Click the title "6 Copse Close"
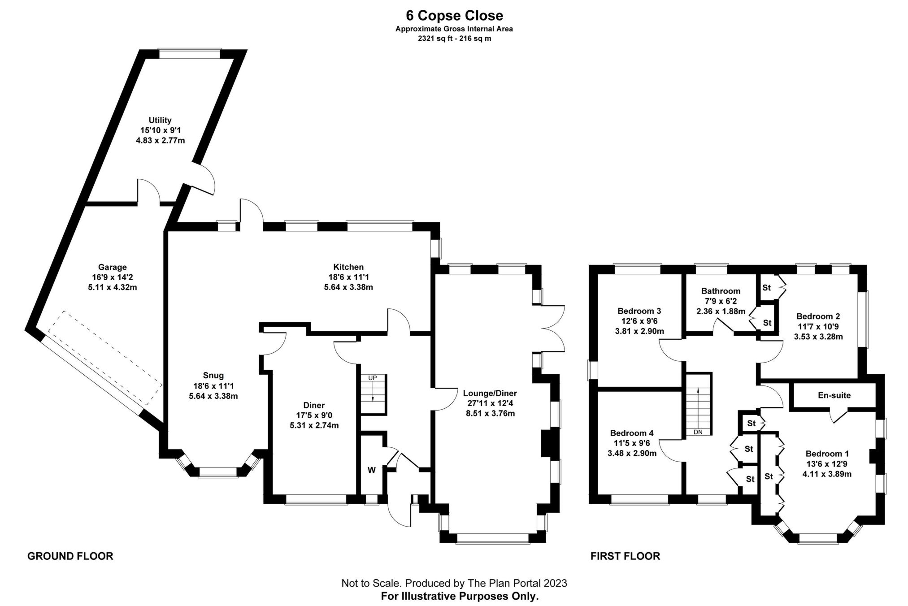(x=454, y=16)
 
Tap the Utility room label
(x=160, y=120)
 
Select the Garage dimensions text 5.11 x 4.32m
(x=113, y=287)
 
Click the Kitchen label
(x=348, y=267)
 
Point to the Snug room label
(x=213, y=376)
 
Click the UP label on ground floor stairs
(x=373, y=378)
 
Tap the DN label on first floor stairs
(x=698, y=432)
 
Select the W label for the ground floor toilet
(x=372, y=470)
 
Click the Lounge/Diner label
(x=490, y=394)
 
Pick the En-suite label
(x=834, y=395)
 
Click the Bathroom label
(x=721, y=291)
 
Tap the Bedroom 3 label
(x=639, y=311)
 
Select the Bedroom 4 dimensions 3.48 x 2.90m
(x=632, y=453)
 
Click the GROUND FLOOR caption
(x=70, y=556)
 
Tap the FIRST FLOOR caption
(x=625, y=556)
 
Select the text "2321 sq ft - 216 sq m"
(x=454, y=39)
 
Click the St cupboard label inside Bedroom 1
(x=769, y=476)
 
